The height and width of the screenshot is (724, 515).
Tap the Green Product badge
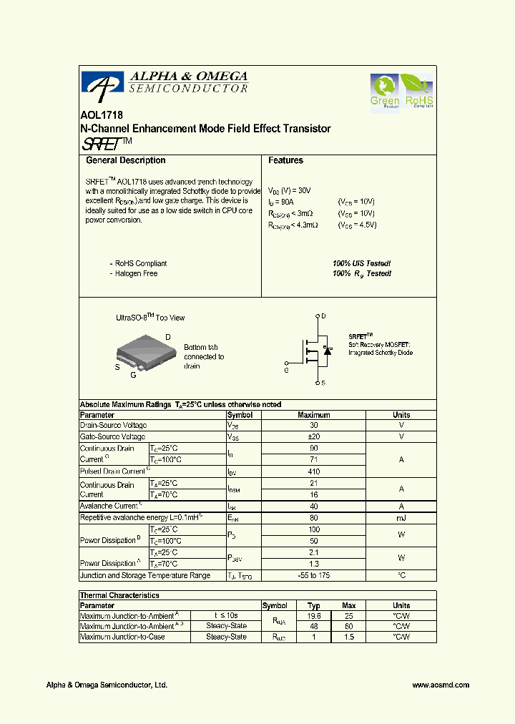[385, 91]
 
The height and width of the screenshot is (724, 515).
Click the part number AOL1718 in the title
[96, 115]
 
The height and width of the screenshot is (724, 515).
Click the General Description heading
[125, 161]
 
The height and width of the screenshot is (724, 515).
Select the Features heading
[285, 161]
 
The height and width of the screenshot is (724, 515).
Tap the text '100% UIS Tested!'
[361, 263]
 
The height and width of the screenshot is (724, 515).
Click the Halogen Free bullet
[136, 273]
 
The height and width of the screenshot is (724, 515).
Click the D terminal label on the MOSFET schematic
[323, 316]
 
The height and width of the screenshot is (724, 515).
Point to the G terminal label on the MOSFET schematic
[286, 371]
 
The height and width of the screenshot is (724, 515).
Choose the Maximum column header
[313, 415]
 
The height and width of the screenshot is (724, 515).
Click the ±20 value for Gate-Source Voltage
[313, 436]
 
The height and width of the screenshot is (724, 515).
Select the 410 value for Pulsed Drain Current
[313, 471]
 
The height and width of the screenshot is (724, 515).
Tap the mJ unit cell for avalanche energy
[401, 517]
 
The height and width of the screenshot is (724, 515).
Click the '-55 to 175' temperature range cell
[313, 575]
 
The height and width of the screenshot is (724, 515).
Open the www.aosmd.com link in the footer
[441, 685]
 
